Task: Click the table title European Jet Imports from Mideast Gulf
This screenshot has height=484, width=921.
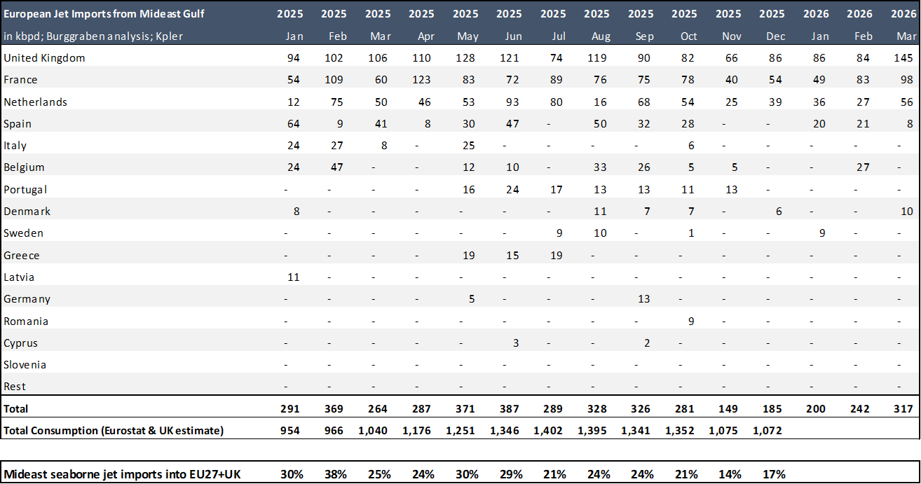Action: tap(104, 14)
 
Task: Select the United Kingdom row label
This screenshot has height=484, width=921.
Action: tap(44, 58)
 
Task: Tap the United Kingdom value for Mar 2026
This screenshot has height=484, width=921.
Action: tap(903, 58)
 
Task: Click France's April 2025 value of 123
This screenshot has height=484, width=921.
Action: tap(421, 80)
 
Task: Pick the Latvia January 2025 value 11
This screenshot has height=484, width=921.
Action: tap(293, 277)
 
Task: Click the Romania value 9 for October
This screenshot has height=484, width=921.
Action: tap(691, 321)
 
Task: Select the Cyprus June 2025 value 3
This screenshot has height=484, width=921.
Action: tap(515, 343)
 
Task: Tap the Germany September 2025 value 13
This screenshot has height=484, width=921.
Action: tap(643, 299)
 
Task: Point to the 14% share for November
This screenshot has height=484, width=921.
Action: tap(730, 474)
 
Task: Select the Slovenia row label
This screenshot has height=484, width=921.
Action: tap(25, 365)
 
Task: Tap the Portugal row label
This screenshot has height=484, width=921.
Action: tap(25, 190)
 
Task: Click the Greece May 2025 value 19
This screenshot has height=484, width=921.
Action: tap(468, 256)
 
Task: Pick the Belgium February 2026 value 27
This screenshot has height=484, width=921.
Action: tap(862, 167)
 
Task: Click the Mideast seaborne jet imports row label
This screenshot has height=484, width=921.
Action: tap(122, 474)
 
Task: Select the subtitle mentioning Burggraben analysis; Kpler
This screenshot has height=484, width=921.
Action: tap(93, 36)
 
